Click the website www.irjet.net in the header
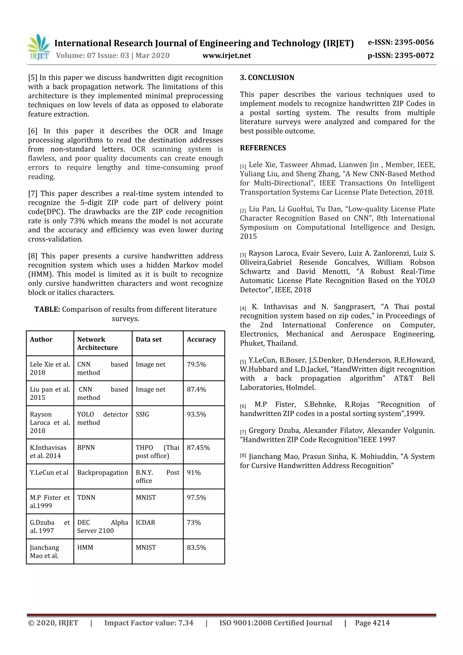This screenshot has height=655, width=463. tap(227, 55)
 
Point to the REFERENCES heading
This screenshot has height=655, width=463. tap(263, 148)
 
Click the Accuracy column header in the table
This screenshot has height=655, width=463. tap(201, 339)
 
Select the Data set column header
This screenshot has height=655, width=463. tap(149, 339)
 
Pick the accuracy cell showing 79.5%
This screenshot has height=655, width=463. tap(196, 364)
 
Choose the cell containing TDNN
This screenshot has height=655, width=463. tap(86, 498)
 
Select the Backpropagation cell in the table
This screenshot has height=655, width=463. tap(103, 472)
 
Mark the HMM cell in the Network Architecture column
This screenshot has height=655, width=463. tap(85, 547)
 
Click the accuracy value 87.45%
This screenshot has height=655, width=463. tap(198, 448)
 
